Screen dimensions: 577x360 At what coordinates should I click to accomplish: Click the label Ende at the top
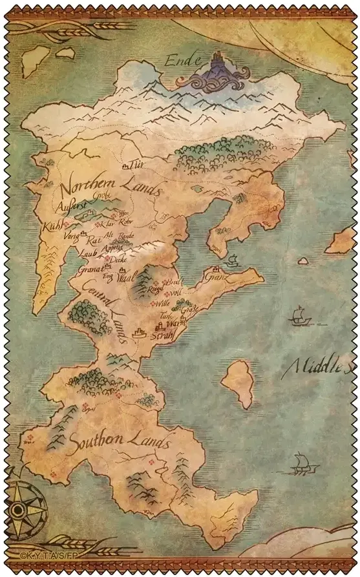point(180,61)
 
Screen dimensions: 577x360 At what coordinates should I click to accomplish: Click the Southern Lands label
point(111,443)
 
